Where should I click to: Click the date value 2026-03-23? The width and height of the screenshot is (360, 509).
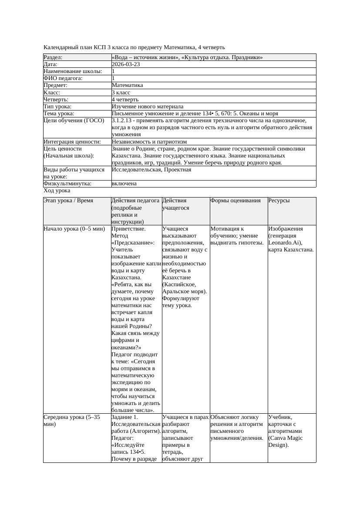click(x=126, y=64)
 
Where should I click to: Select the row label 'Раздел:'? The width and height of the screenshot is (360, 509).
click(x=53, y=57)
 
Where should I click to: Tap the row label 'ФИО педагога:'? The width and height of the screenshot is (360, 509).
click(x=63, y=78)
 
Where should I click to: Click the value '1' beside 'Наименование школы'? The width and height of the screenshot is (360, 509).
click(x=114, y=71)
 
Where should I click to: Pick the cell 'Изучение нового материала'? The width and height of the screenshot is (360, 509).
click(x=148, y=107)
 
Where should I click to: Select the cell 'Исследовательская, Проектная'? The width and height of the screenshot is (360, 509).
click(x=151, y=170)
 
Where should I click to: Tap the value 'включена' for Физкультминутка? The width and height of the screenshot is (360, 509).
click(x=124, y=184)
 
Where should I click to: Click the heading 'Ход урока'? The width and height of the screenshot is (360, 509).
click(x=57, y=191)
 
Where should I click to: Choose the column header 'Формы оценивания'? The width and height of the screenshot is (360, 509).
click(x=236, y=201)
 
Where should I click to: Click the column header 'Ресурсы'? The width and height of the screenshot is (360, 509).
click(x=279, y=201)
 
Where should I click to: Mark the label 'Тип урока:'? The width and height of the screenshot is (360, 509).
click(x=58, y=107)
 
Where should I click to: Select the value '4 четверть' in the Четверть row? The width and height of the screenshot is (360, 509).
click(x=125, y=100)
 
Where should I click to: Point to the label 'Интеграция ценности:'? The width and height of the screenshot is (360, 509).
click(x=72, y=142)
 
